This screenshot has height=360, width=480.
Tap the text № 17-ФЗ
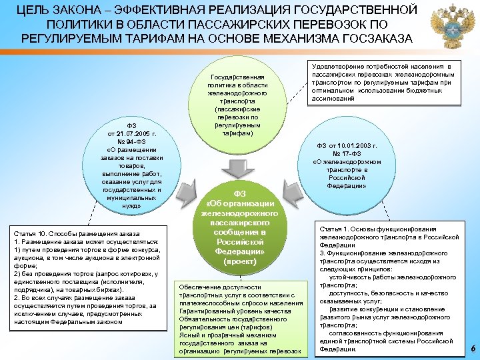(347, 153)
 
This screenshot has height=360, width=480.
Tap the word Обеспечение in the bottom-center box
(199, 287)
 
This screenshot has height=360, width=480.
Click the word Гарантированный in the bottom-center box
(203, 311)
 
